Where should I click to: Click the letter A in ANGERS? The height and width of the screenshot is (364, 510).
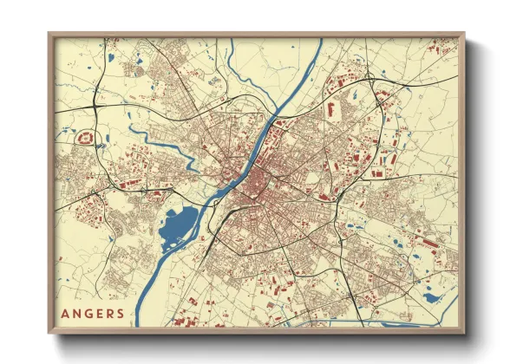pos(66,313)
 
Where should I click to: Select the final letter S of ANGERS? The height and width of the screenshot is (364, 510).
pos(121,313)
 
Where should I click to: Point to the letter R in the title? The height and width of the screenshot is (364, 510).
pos(111,313)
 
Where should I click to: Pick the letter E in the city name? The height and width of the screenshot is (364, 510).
pos(101,313)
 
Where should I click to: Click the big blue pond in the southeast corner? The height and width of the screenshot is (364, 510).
pos(431,299)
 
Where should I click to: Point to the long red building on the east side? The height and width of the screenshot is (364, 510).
pos(424,240)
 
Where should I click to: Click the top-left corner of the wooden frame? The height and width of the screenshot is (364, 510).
pos(49,35)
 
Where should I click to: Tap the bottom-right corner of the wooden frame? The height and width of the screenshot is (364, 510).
pos(464,334)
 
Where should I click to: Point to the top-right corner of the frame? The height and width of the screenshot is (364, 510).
pos(464,35)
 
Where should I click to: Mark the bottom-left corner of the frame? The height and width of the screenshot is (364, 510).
pos(49,334)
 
